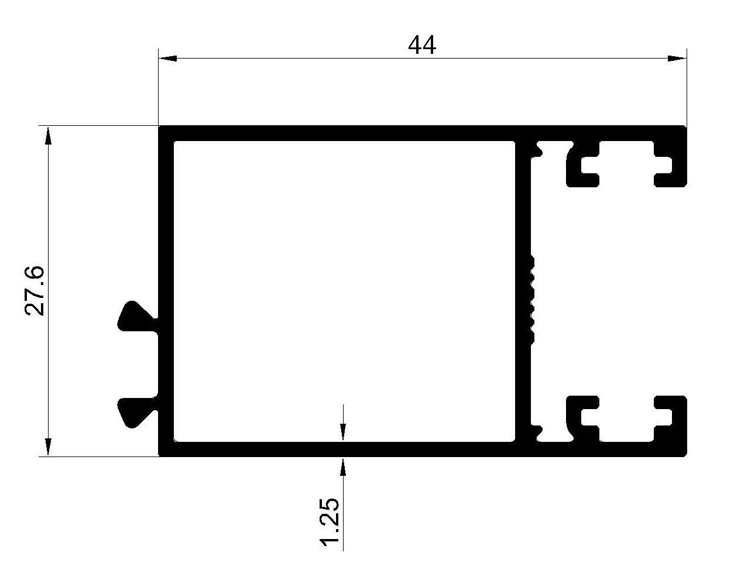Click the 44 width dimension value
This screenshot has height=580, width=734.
422,45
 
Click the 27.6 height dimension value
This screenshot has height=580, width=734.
35,291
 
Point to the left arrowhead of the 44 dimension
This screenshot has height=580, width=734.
168,59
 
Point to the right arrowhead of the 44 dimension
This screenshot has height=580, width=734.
677,59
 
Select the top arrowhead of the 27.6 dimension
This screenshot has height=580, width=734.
48,136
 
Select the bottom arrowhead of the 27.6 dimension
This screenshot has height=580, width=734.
48,447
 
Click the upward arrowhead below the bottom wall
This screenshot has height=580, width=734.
343,466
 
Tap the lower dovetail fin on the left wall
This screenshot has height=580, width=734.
136,412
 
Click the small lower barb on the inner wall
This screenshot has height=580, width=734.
536,433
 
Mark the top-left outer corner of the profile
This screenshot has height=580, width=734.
159,126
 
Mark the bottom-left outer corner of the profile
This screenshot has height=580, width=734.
159,456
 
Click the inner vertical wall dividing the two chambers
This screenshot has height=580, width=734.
522,291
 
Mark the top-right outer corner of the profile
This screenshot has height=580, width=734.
686,126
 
